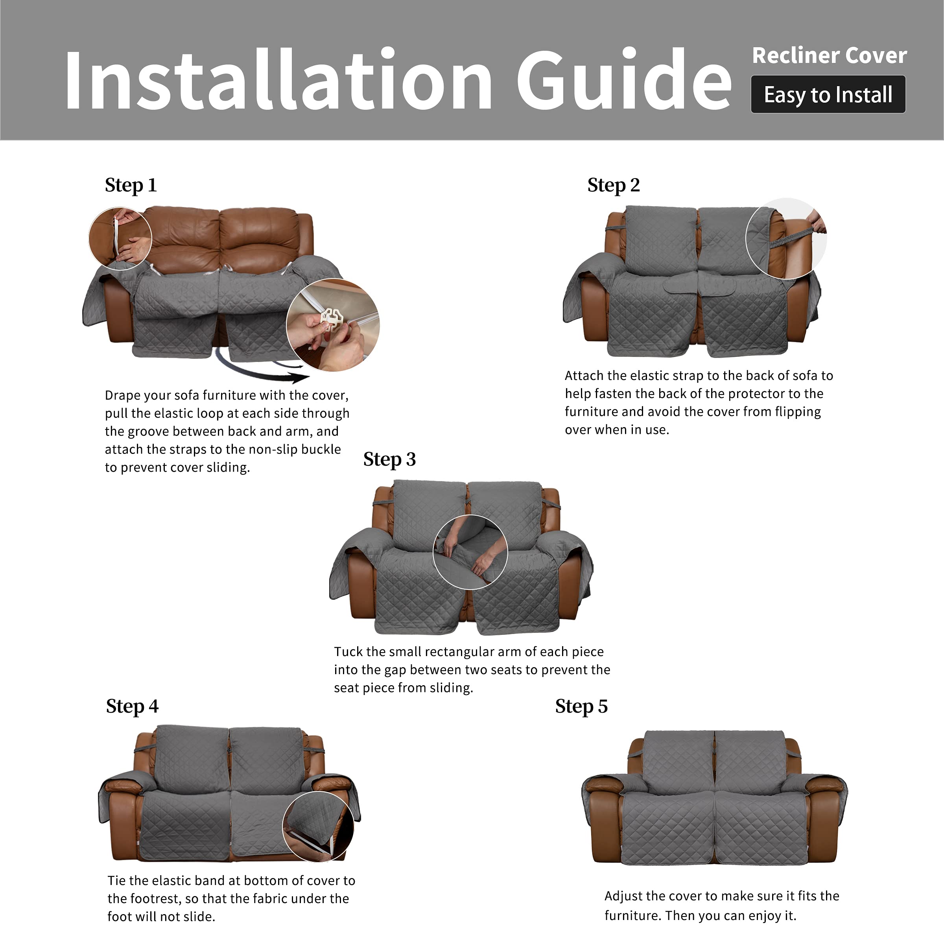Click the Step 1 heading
[x=131, y=186]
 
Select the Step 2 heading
[x=614, y=186]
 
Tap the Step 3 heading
[x=389, y=460]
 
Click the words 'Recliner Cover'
[x=830, y=55]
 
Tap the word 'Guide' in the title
[x=624, y=79]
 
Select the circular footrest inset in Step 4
[x=318, y=827]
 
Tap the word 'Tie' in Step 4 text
[x=117, y=881]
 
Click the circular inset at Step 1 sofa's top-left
[x=120, y=238]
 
